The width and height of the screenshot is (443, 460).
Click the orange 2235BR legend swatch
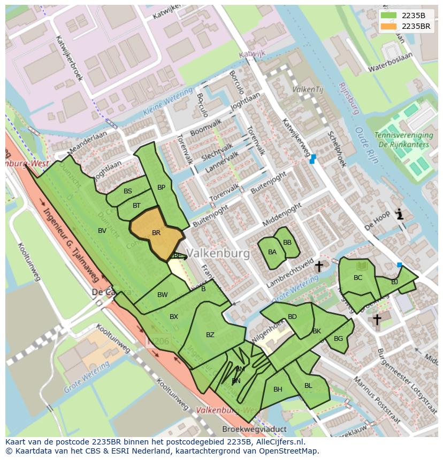(389, 26)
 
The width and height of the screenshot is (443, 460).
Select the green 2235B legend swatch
(389, 15)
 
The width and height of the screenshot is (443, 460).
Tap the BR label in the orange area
(156, 233)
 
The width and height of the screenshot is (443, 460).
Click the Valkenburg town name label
(218, 254)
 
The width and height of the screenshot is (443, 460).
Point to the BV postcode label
(102, 230)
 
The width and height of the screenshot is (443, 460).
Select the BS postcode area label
(128, 191)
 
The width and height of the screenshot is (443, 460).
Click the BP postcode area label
(161, 187)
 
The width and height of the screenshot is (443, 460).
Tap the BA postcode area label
(272, 252)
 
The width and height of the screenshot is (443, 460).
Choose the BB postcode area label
(287, 243)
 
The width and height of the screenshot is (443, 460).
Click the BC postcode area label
(358, 278)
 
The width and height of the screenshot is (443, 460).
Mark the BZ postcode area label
(210, 335)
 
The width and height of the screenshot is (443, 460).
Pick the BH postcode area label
(278, 389)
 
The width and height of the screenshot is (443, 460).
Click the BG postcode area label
(338, 339)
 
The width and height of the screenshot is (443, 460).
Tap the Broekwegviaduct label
(254, 429)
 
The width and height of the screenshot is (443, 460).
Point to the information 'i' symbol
(399, 215)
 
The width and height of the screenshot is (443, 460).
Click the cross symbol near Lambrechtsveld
(319, 266)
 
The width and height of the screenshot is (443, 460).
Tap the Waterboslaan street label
(391, 69)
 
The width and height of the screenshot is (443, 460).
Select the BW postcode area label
(163, 295)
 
